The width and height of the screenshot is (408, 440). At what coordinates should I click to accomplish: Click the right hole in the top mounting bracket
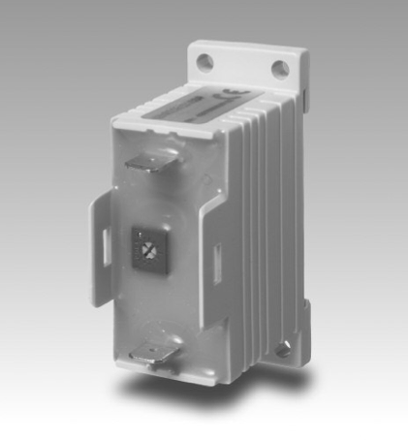[279, 68]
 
